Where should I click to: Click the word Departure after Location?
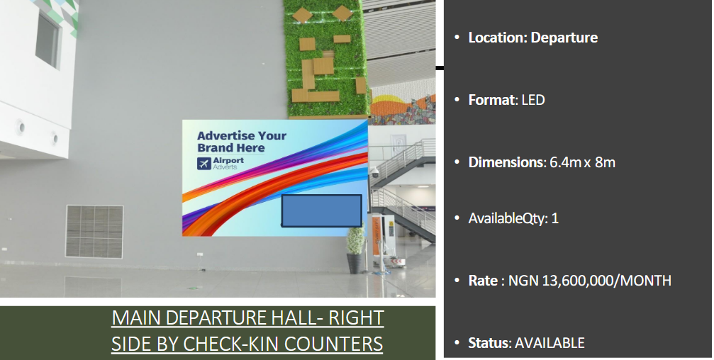tap(564, 38)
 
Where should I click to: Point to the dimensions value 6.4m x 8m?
tap(582, 162)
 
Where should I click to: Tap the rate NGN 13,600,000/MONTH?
tap(590, 281)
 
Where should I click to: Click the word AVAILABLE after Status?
tap(550, 343)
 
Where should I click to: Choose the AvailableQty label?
tap(506, 218)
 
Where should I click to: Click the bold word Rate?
tap(483, 281)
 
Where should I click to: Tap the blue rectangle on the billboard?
tap(321, 210)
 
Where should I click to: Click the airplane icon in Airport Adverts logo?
tap(204, 164)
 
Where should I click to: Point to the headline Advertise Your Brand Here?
tap(242, 142)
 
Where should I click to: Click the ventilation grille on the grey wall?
tap(94, 231)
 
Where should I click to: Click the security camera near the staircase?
tap(375, 171)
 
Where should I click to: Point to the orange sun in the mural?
tap(388, 100)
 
